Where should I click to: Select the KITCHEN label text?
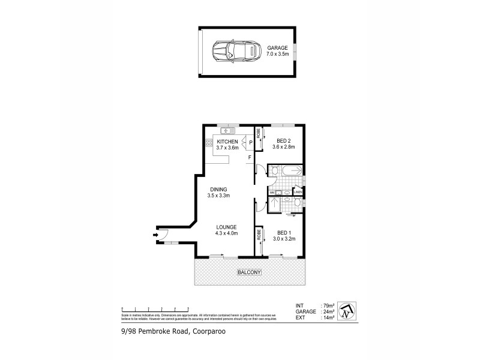(228, 142)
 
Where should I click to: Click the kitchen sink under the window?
(228, 130)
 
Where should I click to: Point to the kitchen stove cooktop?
(209, 143)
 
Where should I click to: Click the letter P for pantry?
(251, 143)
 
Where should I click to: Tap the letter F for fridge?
(250, 158)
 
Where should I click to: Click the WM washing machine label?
(272, 192)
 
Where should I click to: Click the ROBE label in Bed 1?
(258, 235)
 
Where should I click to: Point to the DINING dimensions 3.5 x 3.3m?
(220, 196)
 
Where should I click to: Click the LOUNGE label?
(227, 227)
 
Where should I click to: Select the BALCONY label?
(250, 272)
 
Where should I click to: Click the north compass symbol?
(347, 310)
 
